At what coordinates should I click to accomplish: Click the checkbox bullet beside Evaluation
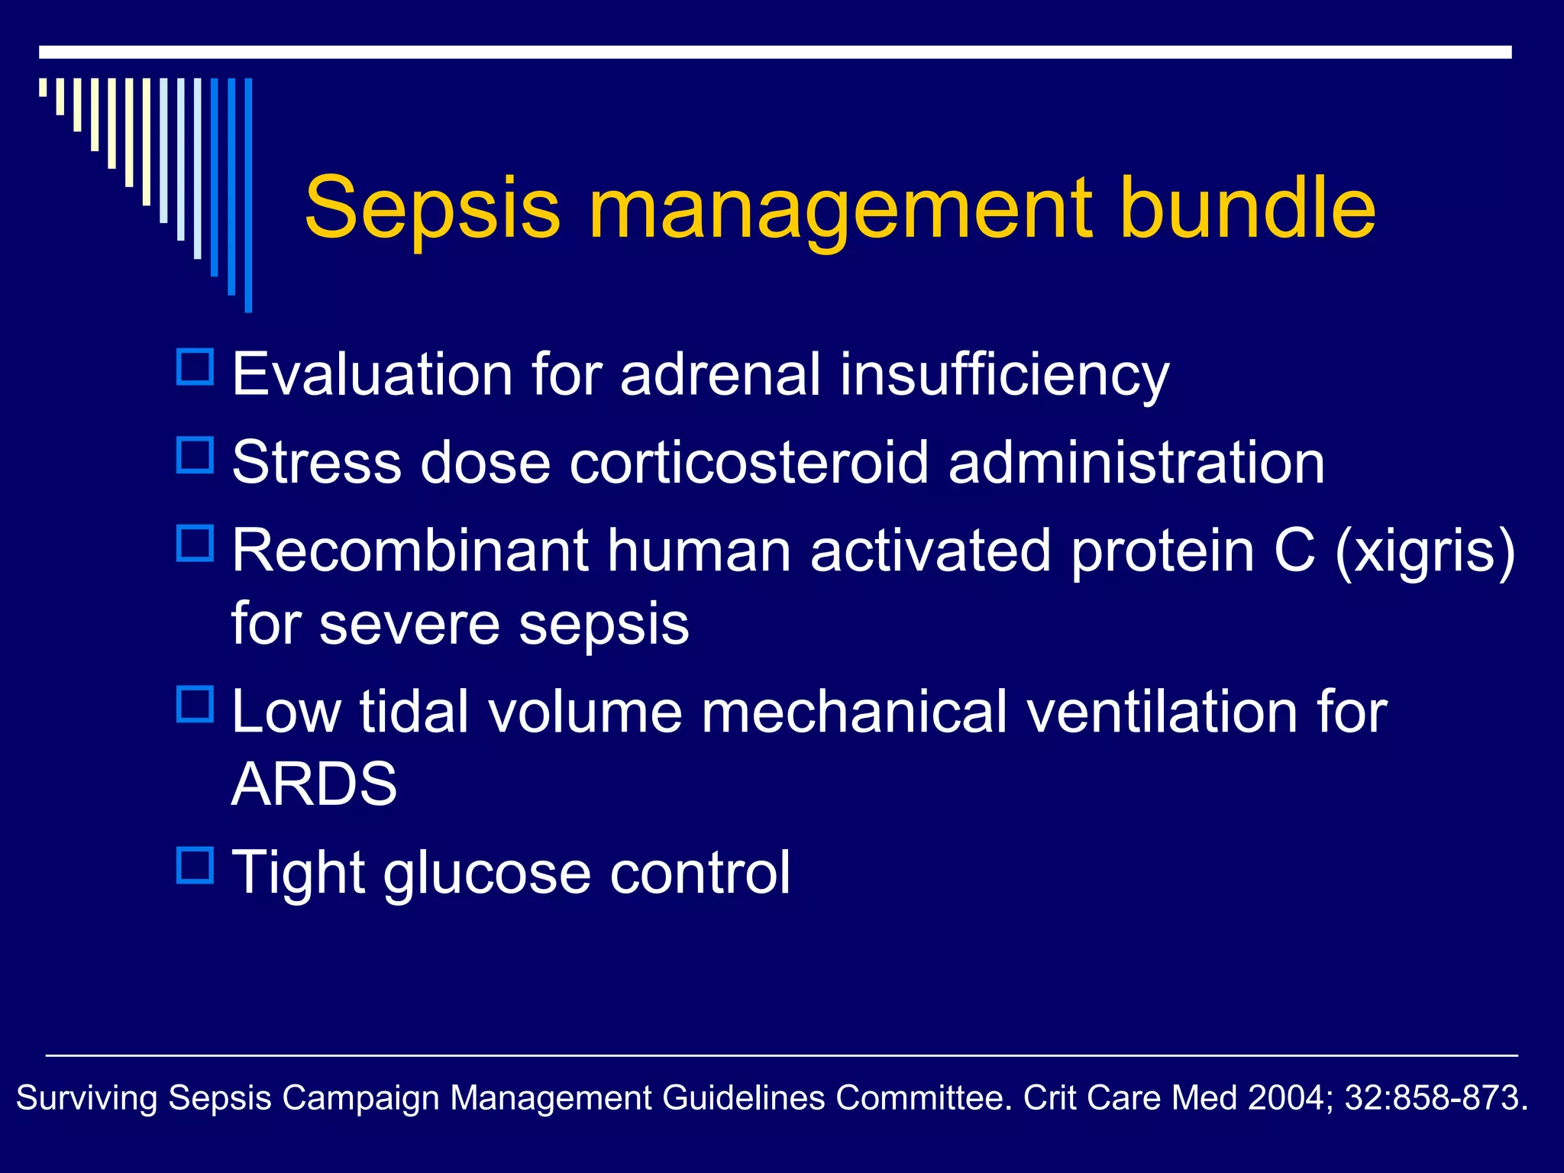click(x=195, y=367)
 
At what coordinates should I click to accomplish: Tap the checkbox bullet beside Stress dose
click(x=195, y=455)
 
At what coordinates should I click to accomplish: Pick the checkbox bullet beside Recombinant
click(x=195, y=543)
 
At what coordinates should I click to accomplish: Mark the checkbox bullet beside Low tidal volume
click(x=195, y=704)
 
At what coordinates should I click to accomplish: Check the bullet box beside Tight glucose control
click(x=195, y=865)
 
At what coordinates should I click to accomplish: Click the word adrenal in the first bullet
click(x=720, y=375)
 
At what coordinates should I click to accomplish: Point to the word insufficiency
click(x=1004, y=376)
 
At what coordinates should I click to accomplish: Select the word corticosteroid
click(x=748, y=463)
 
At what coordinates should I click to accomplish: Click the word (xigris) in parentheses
click(x=1424, y=551)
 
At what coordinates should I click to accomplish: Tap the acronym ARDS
click(x=314, y=784)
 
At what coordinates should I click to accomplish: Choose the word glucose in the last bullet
click(x=487, y=874)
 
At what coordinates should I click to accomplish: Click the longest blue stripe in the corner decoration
click(x=248, y=195)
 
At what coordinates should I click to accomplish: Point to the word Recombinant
click(x=410, y=551)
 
